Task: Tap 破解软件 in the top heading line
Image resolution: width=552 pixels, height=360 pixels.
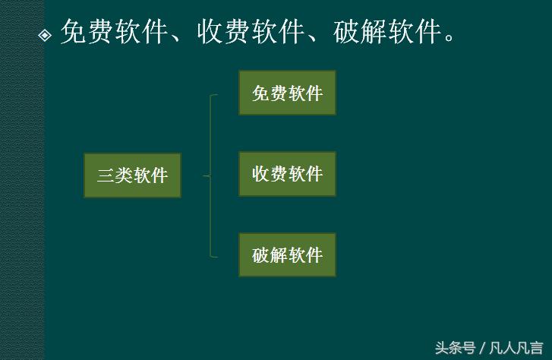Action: tap(388, 32)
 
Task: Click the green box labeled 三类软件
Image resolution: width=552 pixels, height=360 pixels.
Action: tap(132, 175)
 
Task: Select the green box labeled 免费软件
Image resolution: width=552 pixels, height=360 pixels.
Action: tap(287, 93)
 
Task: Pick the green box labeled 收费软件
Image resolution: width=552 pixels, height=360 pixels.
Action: tap(287, 174)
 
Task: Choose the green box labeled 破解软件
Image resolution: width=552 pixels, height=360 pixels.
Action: tap(287, 254)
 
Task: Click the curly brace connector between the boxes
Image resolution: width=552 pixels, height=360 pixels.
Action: tap(210, 175)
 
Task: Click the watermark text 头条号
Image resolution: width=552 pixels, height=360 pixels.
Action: tap(455, 348)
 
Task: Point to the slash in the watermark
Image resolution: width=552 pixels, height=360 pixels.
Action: tap(483, 348)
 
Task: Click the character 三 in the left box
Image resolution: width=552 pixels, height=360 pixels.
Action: tap(106, 176)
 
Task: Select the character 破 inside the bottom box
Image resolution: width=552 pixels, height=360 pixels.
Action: tap(260, 255)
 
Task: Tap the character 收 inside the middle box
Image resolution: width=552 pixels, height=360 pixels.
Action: tap(260, 174)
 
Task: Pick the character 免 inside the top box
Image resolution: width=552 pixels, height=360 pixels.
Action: tap(260, 93)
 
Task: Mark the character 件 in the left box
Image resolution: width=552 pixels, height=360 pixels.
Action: tap(159, 176)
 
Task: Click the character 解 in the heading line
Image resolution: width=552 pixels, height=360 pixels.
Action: tap(374, 32)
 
